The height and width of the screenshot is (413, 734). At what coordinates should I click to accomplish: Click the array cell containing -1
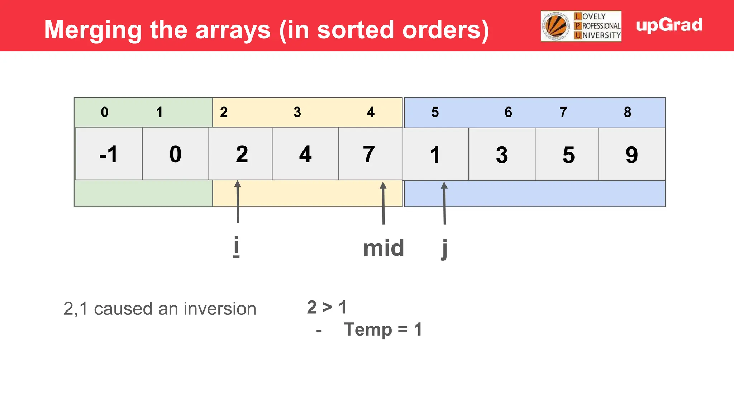(x=109, y=154)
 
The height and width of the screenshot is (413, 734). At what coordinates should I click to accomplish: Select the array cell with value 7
(x=370, y=154)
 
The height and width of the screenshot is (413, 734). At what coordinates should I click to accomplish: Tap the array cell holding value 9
(x=631, y=155)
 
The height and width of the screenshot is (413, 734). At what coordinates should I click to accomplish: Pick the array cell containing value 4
(x=305, y=154)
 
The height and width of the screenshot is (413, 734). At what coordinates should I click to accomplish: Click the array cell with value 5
(x=568, y=155)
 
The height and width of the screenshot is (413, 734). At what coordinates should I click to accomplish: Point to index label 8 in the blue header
(x=627, y=112)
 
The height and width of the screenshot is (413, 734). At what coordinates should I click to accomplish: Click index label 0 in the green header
(x=104, y=112)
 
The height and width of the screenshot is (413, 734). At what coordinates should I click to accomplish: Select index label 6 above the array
(x=508, y=112)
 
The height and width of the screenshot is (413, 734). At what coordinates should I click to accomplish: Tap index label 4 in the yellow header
(x=371, y=112)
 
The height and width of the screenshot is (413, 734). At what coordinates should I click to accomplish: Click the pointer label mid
(x=383, y=248)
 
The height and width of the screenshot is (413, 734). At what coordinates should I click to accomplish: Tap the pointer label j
(x=444, y=248)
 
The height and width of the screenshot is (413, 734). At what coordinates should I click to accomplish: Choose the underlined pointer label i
(x=236, y=247)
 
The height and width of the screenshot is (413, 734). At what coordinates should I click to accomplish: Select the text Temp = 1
(x=383, y=329)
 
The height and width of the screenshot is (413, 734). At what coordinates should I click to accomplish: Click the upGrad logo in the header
(x=669, y=25)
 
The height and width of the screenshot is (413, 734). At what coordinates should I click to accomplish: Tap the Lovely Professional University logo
(x=581, y=26)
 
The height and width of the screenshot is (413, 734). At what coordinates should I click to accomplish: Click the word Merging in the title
(x=93, y=30)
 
